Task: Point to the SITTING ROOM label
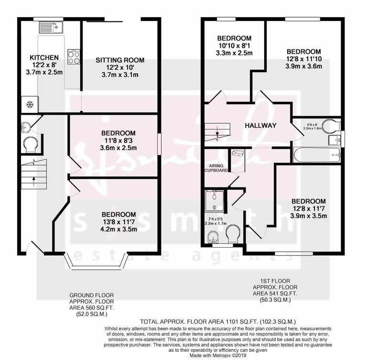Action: [120, 60]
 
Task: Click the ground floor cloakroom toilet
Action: [30, 144]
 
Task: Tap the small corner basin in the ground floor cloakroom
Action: [25, 126]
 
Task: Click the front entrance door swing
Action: [34, 248]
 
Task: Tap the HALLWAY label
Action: [261, 125]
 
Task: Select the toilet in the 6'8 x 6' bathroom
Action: [328, 126]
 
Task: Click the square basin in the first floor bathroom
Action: [335, 140]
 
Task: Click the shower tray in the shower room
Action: [214, 201]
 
